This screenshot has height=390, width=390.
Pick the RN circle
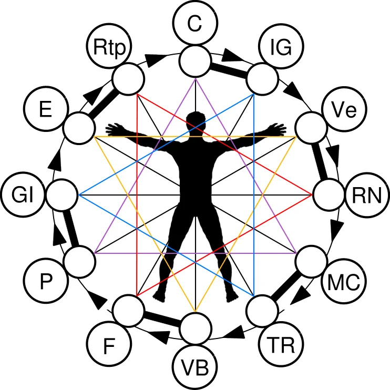pos(362,196)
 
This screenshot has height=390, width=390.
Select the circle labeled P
pos(45,282)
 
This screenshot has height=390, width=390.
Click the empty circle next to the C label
pos(195,60)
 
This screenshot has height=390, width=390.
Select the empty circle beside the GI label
pos(61,195)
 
